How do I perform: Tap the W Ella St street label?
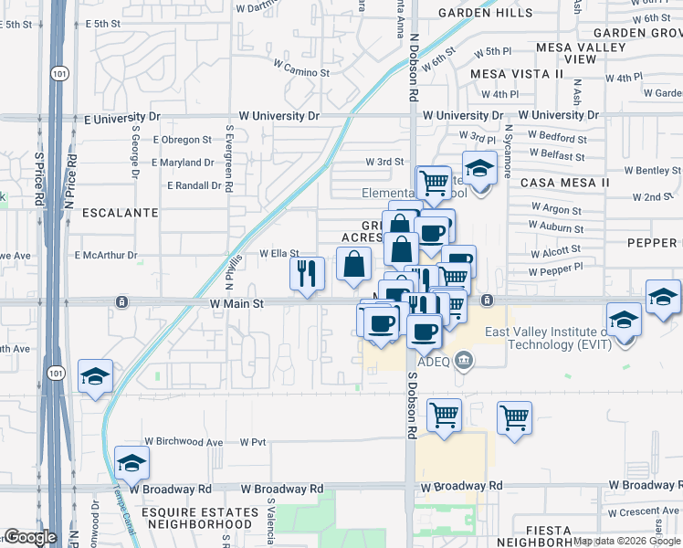click(x=279, y=254)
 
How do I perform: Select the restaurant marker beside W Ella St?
click(x=307, y=274)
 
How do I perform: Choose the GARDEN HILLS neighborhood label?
click(x=485, y=13)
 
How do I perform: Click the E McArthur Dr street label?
click(x=106, y=256)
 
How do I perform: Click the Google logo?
click(x=30, y=537)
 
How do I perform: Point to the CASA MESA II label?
click(x=564, y=183)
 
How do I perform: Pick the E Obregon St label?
click(x=182, y=140)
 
